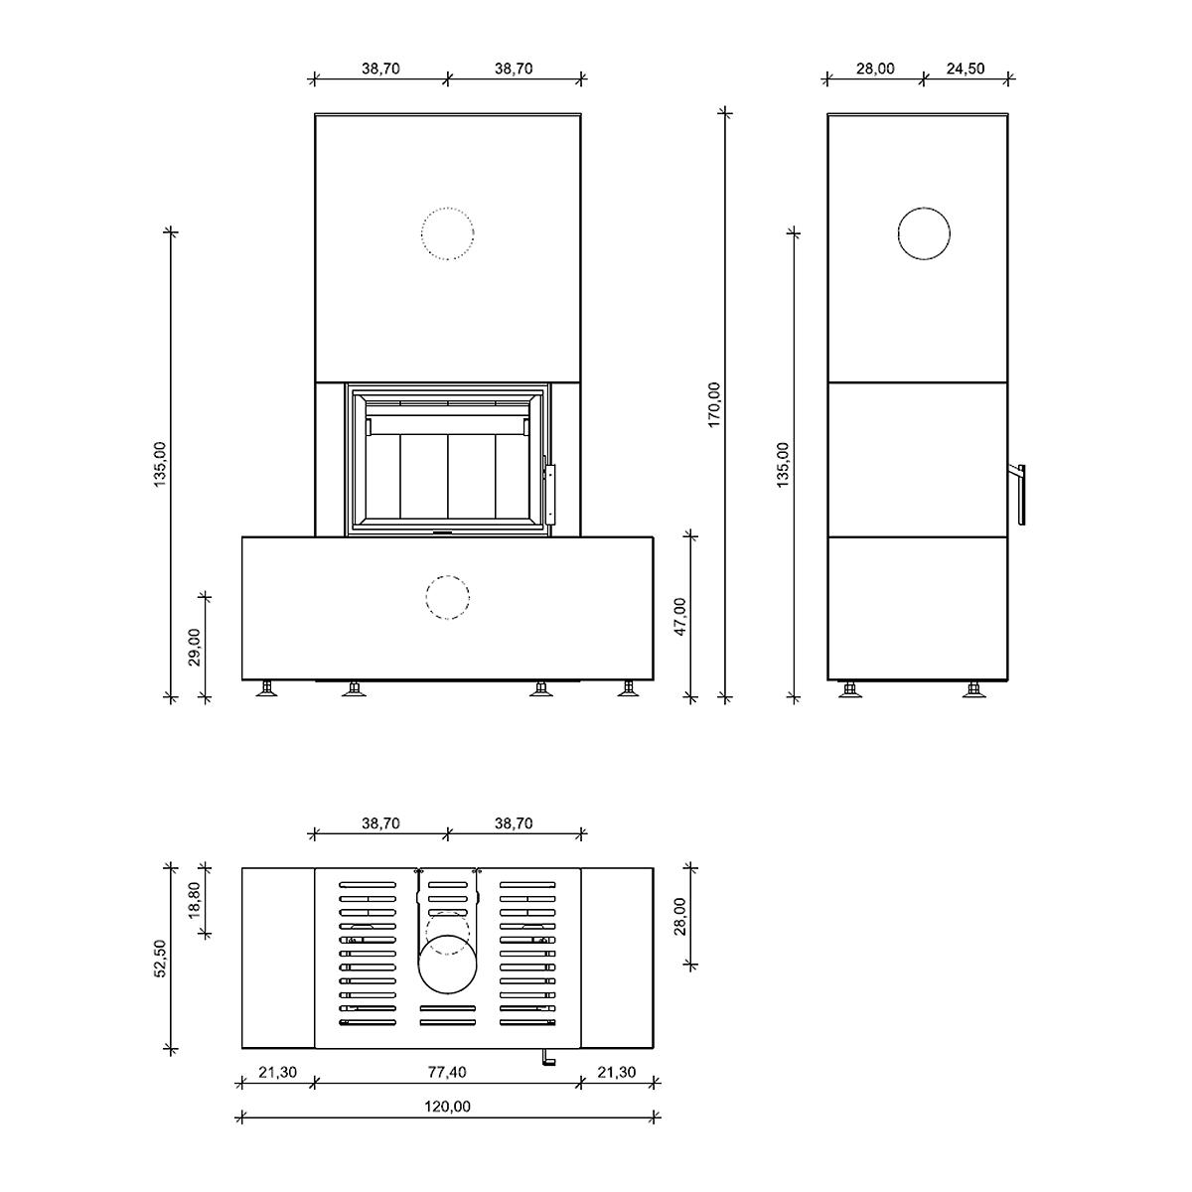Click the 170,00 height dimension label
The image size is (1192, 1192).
[714, 404]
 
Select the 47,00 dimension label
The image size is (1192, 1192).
[679, 617]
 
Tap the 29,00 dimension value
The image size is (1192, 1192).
[195, 647]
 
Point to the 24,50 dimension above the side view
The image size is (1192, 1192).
[965, 69]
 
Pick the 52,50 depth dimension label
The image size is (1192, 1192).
[160, 959]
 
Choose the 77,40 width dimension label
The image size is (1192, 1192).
[447, 1089]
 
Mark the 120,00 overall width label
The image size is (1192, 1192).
[447, 1123]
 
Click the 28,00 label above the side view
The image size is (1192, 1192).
[875, 69]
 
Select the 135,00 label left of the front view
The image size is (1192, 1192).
[160, 464]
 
